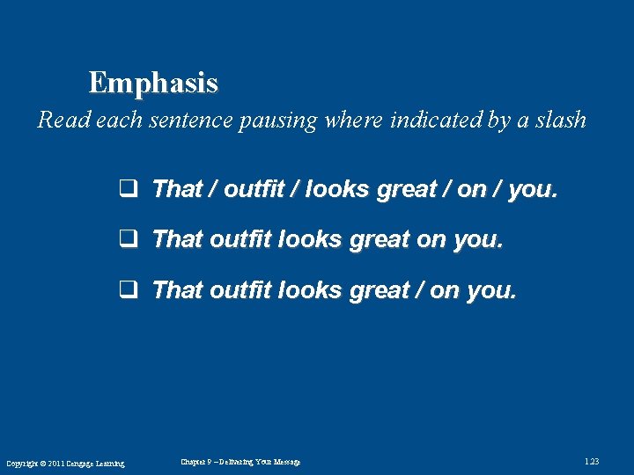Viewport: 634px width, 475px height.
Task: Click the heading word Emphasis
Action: click(x=153, y=84)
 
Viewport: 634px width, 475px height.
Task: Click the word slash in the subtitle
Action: click(x=561, y=121)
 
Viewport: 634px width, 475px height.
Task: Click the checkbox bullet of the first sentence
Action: click(x=126, y=189)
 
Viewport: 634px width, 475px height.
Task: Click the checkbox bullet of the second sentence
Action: click(x=126, y=239)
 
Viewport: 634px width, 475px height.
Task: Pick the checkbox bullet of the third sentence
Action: click(x=126, y=290)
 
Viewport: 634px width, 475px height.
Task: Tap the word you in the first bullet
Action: click(x=532, y=189)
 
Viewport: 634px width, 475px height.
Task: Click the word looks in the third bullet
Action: click(x=311, y=290)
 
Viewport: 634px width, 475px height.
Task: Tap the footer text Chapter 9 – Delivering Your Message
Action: click(x=240, y=462)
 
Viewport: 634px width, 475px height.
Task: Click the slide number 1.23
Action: click(x=592, y=462)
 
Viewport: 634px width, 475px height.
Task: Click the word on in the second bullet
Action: click(x=430, y=239)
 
